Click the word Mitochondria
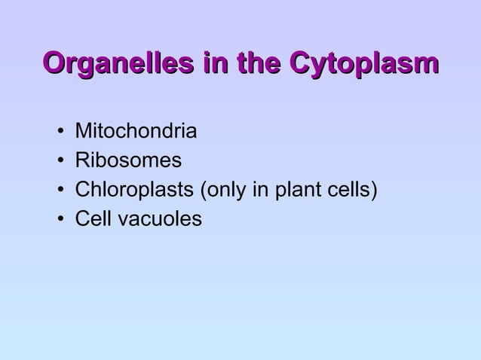136,133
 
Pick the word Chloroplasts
133,190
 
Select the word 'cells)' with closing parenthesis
351,190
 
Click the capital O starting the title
55,63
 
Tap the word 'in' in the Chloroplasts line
261,190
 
